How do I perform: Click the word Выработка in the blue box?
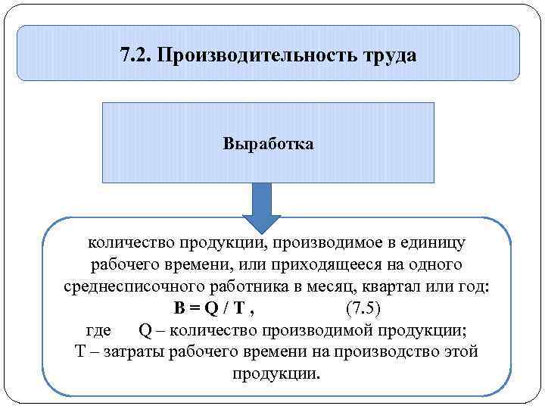point(268,143)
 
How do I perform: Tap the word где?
point(98,331)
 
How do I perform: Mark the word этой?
point(461,353)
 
